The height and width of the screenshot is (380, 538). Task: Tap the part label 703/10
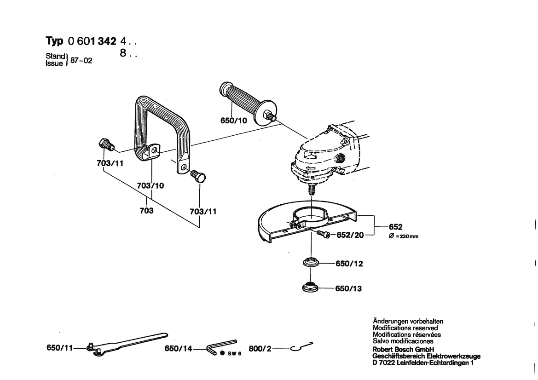[150, 186]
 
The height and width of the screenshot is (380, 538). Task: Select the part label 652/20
[351, 235]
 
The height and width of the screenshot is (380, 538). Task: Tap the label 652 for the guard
[396, 227]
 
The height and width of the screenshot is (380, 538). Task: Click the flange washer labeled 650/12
[311, 264]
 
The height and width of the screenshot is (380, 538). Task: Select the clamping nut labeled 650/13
[311, 288]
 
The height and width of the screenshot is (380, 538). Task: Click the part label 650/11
[60, 349]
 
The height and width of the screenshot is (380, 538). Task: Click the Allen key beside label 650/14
[221, 346]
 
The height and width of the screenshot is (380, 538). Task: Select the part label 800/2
[260, 349]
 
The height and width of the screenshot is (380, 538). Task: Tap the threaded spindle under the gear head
[311, 189]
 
